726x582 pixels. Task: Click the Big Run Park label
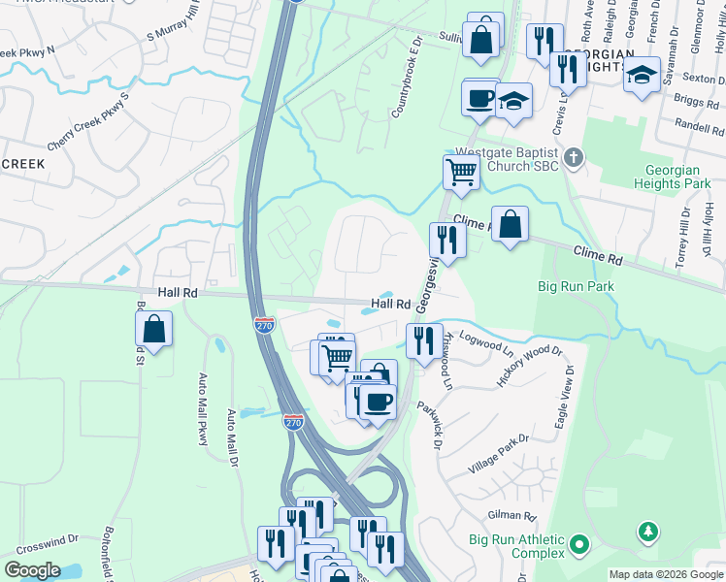tap(576, 286)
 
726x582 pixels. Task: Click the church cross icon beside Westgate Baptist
tap(574, 156)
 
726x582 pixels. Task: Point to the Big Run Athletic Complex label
tap(516, 546)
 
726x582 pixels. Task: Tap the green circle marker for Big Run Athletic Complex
tap(579, 546)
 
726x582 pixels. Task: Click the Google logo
tap(31, 569)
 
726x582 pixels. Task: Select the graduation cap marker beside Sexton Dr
tap(642, 75)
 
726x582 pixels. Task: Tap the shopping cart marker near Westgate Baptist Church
tap(462, 173)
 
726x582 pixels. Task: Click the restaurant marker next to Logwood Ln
tap(423, 340)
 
